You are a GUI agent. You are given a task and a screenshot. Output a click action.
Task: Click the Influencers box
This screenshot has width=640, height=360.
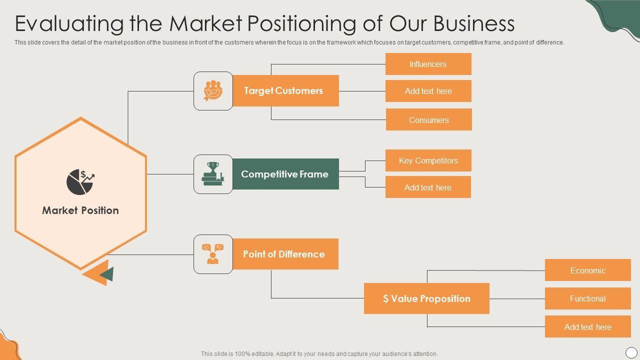tap(428, 64)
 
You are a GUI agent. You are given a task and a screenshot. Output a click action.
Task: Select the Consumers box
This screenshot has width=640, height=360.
tap(428, 120)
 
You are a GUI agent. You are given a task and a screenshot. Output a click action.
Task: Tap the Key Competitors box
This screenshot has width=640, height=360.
tap(428, 160)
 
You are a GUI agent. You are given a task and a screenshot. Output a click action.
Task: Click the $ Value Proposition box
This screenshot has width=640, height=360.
tap(426, 298)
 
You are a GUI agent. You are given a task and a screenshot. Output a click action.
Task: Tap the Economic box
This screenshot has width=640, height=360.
tap(587, 270)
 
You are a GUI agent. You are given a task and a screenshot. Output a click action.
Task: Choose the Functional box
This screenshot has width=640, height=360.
tap(587, 298)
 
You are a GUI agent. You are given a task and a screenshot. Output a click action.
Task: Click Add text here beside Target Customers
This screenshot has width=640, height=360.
tap(428, 91)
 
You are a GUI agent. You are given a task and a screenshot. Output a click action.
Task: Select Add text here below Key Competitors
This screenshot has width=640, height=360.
tap(428, 187)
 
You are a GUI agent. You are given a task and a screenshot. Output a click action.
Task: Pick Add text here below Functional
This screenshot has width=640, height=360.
tap(587, 327)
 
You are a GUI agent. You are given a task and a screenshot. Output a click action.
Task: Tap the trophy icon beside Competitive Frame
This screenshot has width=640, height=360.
tap(213, 174)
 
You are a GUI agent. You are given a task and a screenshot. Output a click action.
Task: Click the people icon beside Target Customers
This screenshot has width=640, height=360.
tap(213, 90)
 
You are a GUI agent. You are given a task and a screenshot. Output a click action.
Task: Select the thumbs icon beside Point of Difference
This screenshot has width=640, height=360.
tap(213, 254)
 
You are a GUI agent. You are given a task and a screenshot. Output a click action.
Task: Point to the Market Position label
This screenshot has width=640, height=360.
tap(80, 210)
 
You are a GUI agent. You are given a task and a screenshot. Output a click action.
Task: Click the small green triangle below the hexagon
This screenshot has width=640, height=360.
tap(107, 274)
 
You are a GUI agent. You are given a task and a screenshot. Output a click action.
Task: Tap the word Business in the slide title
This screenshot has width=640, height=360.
tap(473, 23)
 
